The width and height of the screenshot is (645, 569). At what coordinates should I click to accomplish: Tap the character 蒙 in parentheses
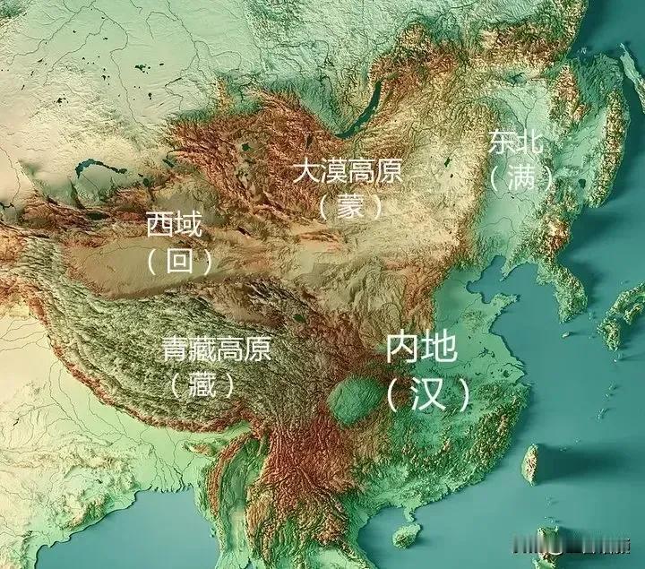pos(348,207)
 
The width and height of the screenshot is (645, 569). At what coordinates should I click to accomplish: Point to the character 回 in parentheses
pos(181,261)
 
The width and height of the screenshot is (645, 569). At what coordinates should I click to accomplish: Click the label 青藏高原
pos(216,349)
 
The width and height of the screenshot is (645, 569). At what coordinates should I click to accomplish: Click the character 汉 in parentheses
pos(428,393)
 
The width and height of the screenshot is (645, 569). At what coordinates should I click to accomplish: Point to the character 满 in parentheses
pos(520,177)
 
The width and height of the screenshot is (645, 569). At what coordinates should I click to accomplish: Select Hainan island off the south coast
pos(406,536)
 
